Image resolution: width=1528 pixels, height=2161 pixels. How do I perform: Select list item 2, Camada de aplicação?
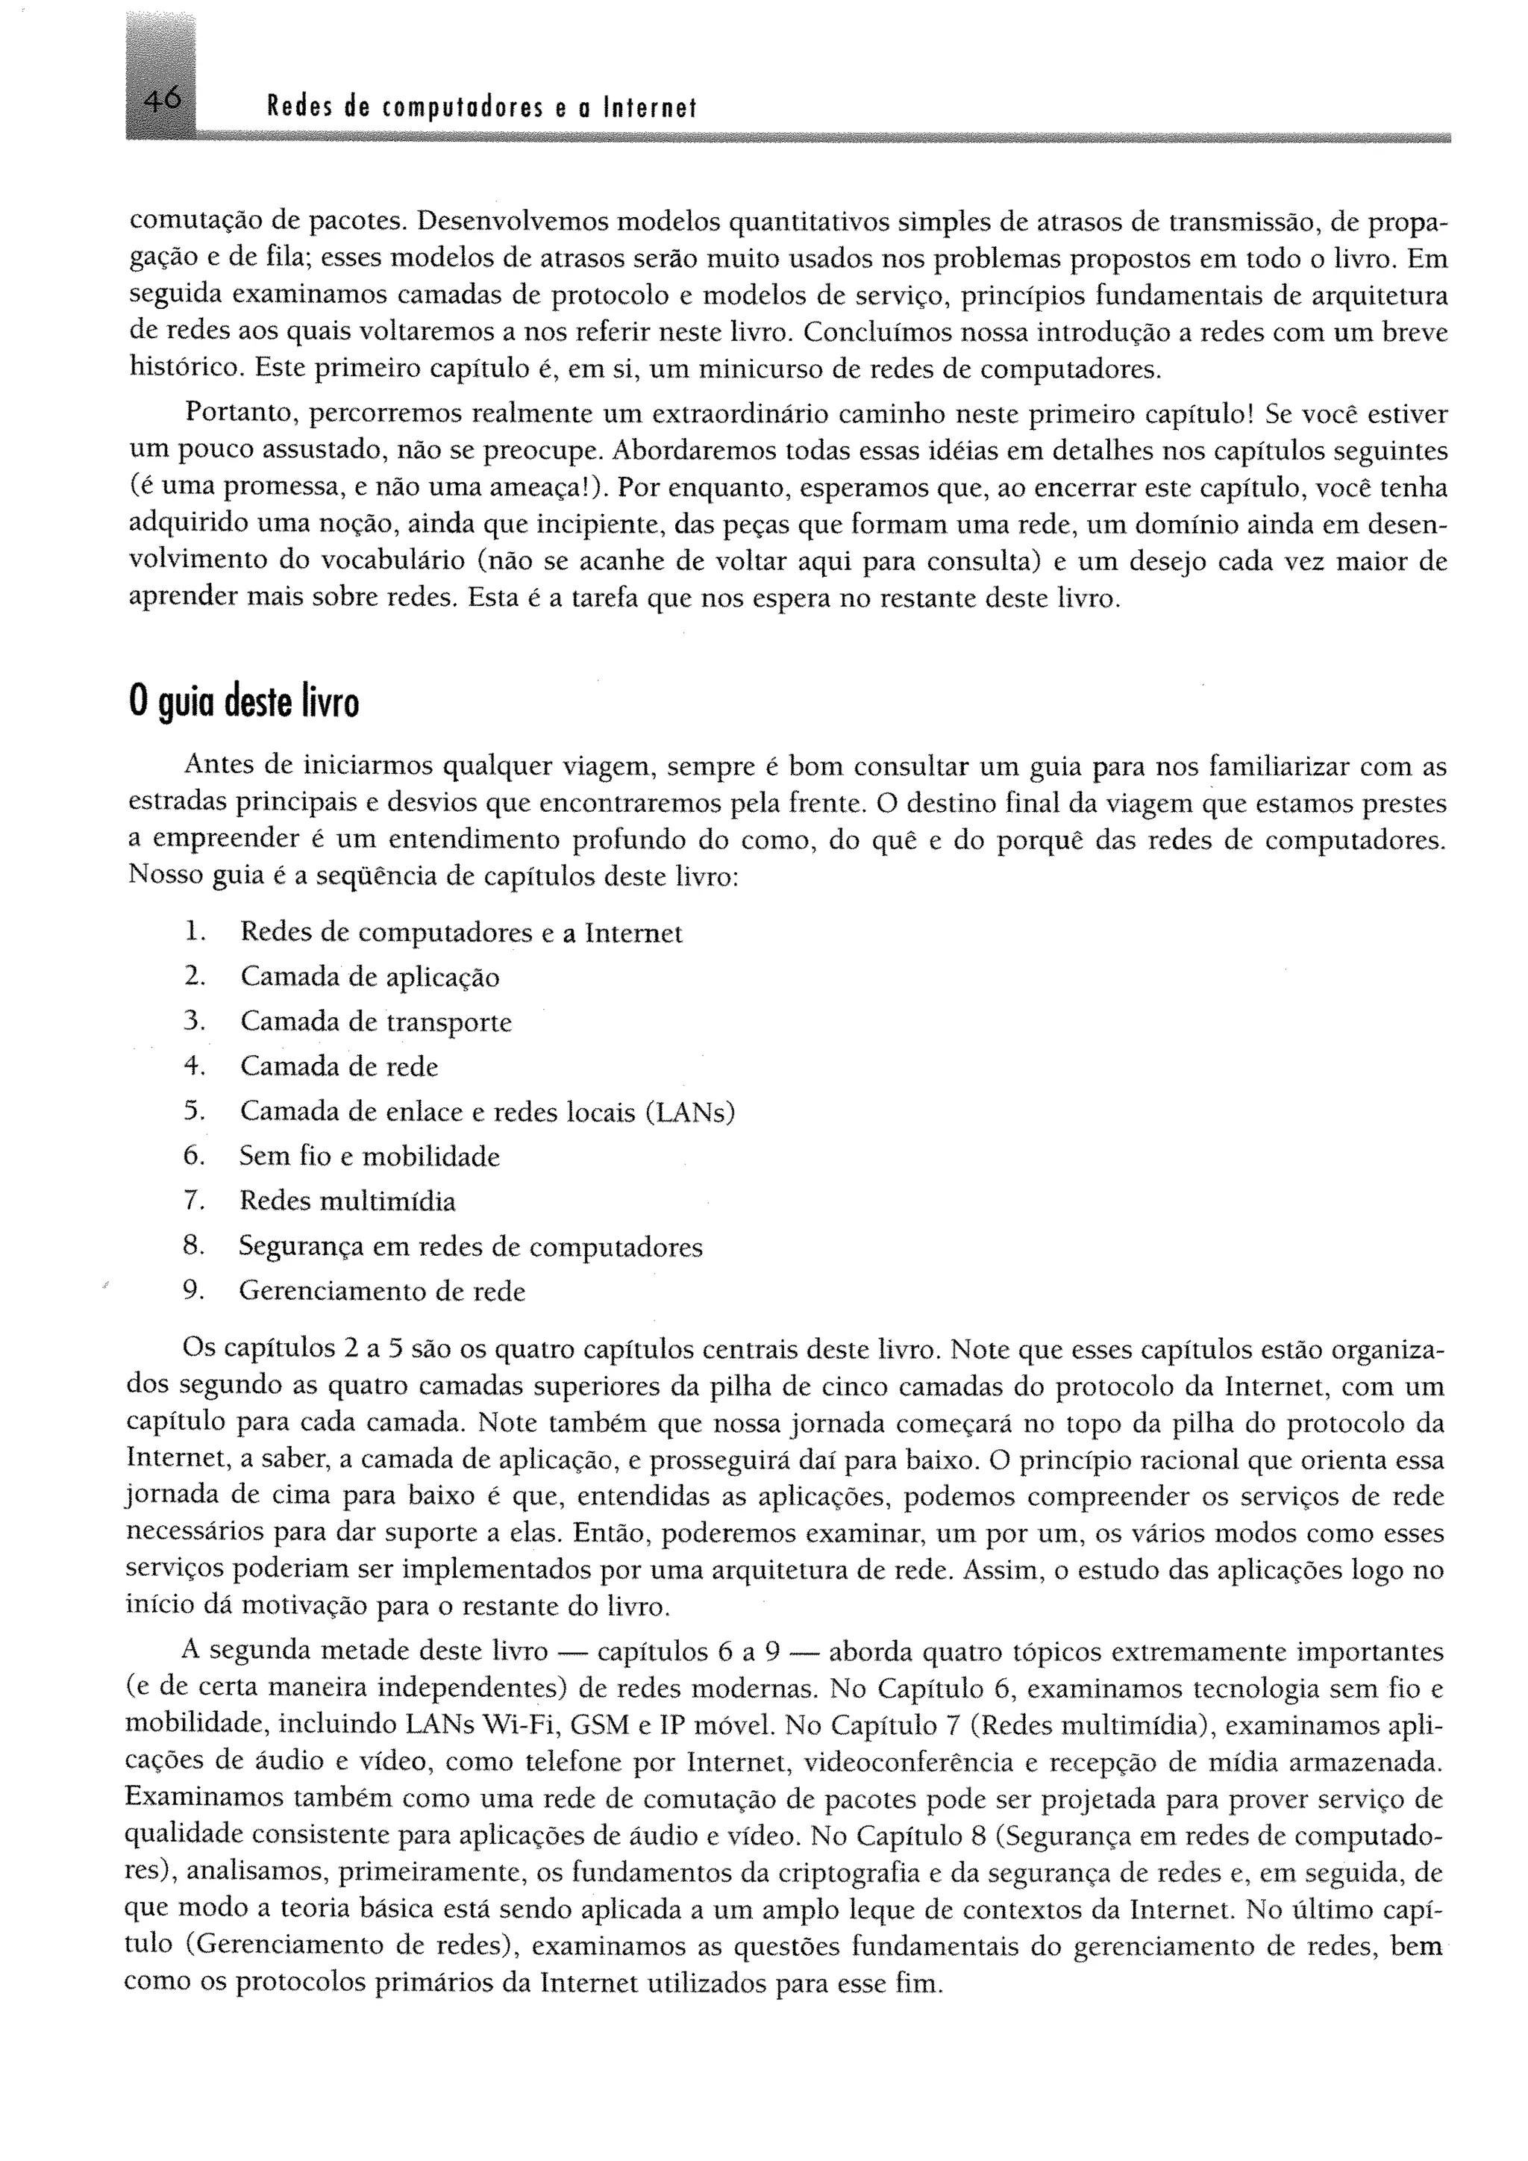[x=369, y=977]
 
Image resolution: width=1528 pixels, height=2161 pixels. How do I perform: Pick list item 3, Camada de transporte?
[x=375, y=1022]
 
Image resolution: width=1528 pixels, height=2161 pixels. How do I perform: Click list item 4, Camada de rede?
[x=339, y=1066]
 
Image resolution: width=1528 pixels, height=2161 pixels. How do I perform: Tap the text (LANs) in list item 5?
[x=689, y=1112]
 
